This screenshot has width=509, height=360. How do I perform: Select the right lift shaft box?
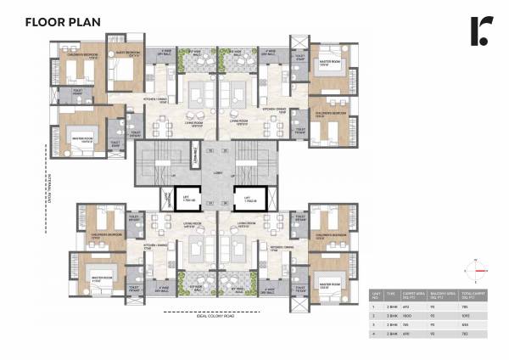tap(249, 200)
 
